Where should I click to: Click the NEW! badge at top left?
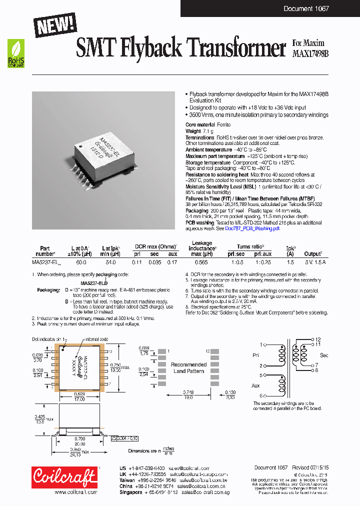[x=55, y=25]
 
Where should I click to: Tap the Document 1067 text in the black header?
[x=305, y=8]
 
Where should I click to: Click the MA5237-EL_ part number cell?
[x=46, y=261]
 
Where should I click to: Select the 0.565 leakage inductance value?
[x=201, y=261]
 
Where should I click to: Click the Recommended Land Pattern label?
[x=188, y=367]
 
